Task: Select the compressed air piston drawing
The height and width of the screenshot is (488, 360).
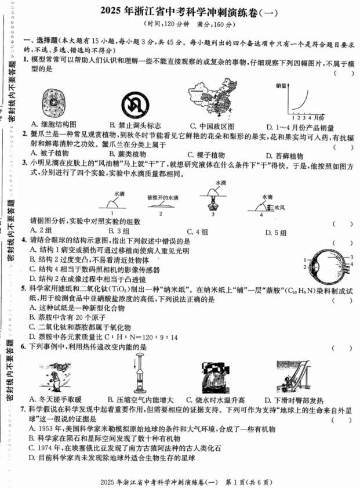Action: pos(139,376)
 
